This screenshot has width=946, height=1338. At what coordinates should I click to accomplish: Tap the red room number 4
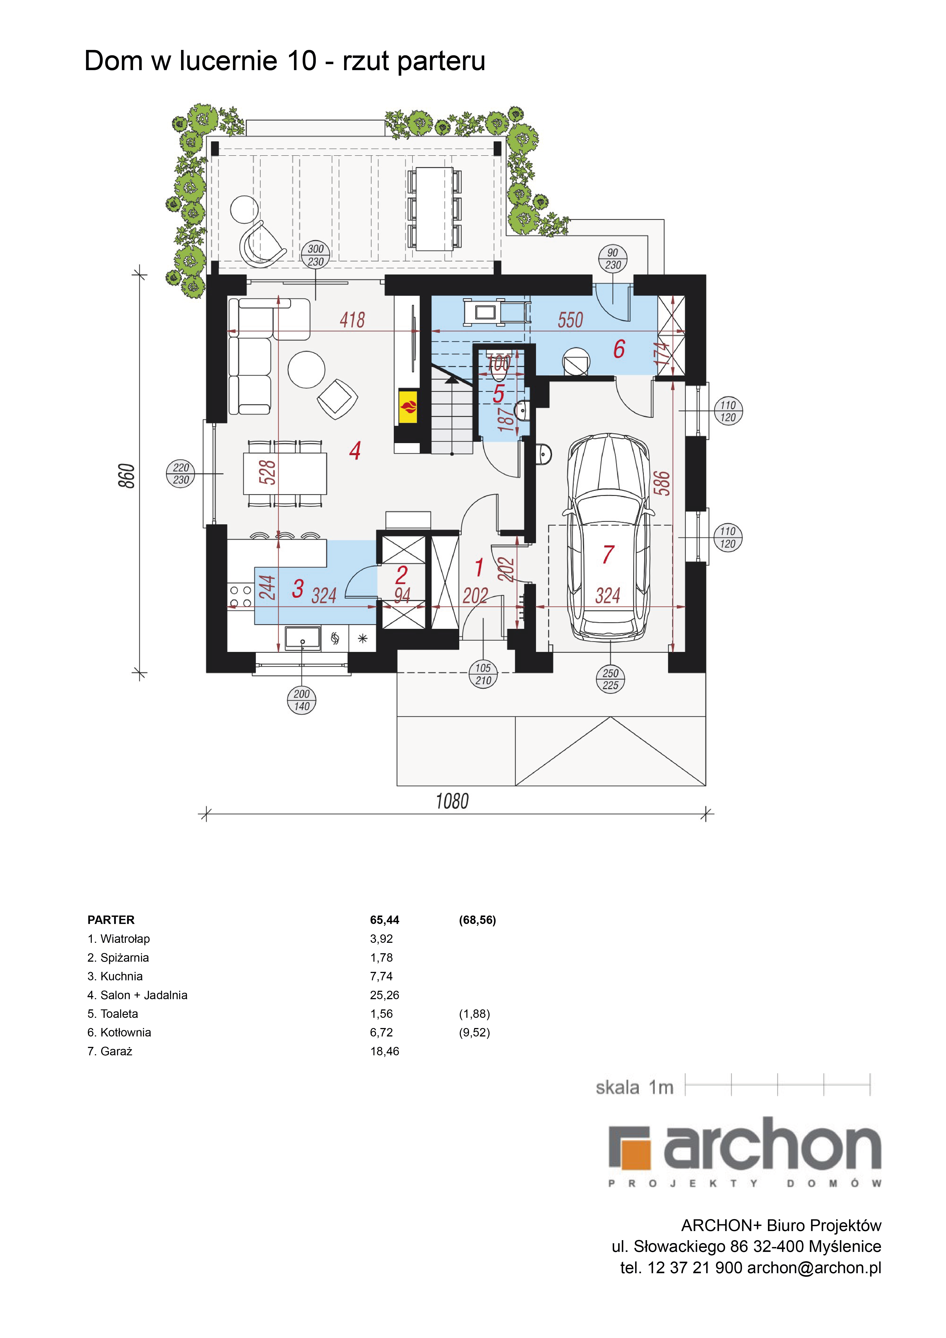[355, 450]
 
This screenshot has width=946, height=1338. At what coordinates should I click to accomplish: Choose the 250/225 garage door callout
[611, 679]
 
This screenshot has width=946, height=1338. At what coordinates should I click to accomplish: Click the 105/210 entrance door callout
[483, 674]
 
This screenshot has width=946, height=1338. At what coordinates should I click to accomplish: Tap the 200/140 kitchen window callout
[302, 700]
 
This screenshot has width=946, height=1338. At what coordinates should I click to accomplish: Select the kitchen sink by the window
[303, 638]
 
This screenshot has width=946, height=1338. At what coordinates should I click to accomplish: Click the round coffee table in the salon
[306, 369]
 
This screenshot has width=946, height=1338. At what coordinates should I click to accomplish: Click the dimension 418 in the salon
[352, 320]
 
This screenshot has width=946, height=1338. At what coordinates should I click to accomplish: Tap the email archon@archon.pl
[814, 1267]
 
